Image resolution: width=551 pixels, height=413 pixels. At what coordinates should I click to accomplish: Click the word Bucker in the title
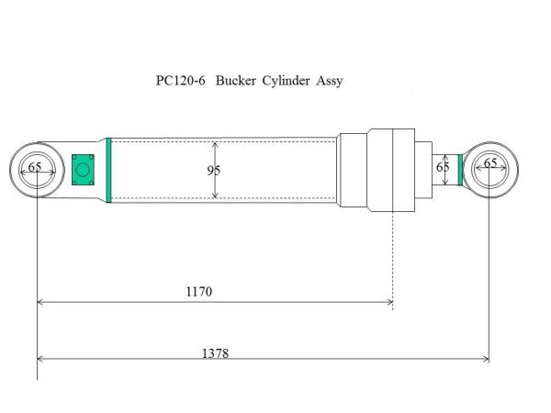pos(237,80)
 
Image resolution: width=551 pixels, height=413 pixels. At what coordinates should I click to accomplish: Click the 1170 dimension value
pos(198,291)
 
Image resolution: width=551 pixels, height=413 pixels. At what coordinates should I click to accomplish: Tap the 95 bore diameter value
pos(214,170)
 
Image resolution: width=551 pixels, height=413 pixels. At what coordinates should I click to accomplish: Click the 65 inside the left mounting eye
pos(35,167)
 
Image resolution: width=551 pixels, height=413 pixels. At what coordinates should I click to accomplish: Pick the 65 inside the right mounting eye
pos(490,163)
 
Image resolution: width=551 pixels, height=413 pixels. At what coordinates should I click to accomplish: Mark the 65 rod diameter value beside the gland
pos(443,168)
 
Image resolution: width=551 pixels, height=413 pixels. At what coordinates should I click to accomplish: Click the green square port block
pos(84,169)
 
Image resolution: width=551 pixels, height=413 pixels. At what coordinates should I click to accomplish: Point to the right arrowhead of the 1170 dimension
pos(389,301)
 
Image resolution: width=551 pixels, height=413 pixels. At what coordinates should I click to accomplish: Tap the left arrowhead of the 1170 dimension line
pos(41,301)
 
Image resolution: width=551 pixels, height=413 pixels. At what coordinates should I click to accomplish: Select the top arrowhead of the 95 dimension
pos(215,144)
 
